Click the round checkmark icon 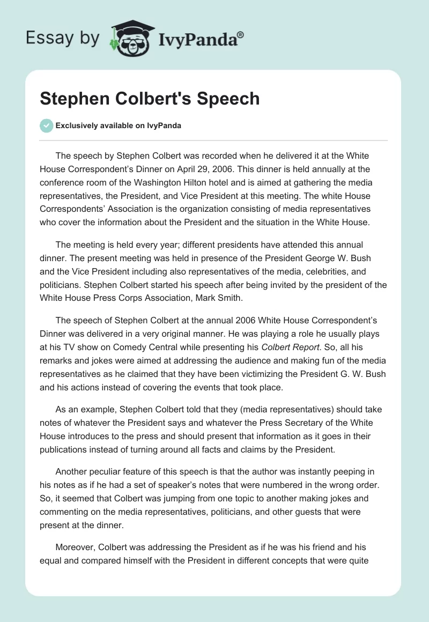pos(47,125)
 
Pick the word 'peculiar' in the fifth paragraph pos(111,472)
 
